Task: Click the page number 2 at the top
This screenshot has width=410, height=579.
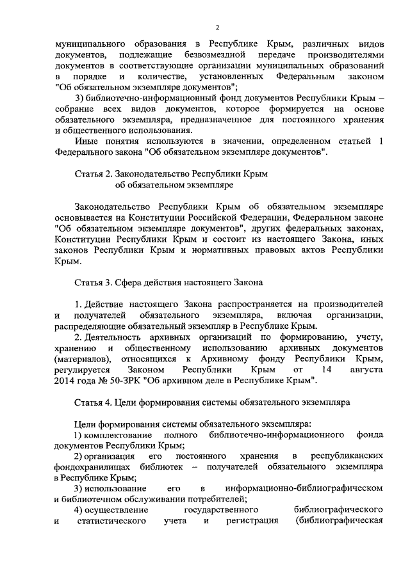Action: pos(218,27)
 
